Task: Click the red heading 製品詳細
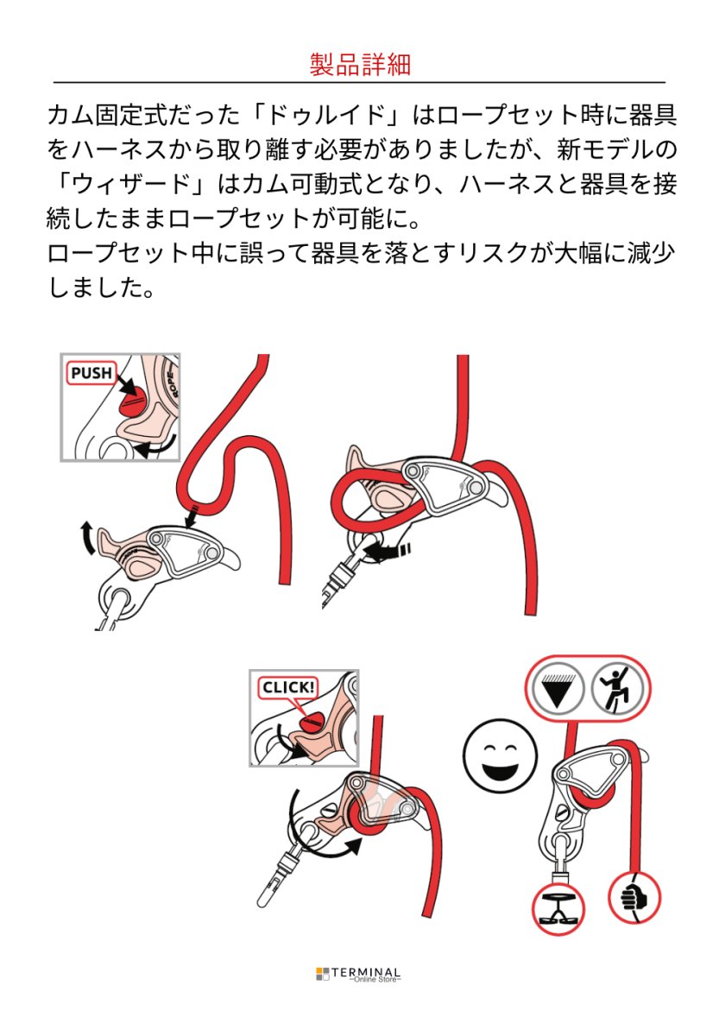pos(359,64)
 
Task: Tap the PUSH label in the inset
pos(91,373)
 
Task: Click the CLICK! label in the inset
pos(289,688)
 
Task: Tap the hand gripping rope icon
pos(634,898)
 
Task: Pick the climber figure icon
pos(618,689)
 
